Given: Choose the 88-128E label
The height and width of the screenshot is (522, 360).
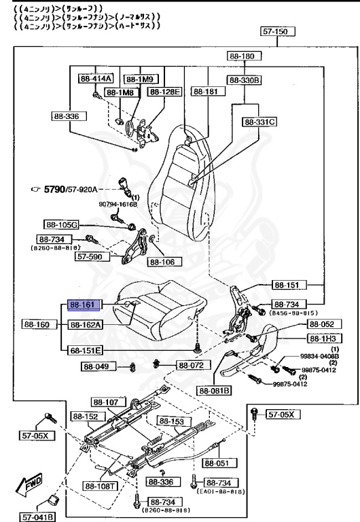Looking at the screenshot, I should pyautogui.click(x=165, y=91).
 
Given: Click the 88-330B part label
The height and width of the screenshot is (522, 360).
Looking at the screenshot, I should pyautogui.click(x=245, y=80).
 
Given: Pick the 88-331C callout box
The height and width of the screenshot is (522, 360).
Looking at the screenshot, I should pyautogui.click(x=259, y=122).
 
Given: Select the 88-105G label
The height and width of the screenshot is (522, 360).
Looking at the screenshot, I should pyautogui.click(x=62, y=224).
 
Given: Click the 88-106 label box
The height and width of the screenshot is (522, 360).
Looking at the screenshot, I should pyautogui.click(x=164, y=261).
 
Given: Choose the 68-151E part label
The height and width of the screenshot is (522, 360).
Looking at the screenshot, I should pyautogui.click(x=84, y=350).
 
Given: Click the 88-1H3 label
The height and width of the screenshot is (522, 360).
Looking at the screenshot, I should pyautogui.click(x=325, y=338).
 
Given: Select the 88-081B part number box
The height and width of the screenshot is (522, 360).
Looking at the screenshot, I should pyautogui.click(x=215, y=390).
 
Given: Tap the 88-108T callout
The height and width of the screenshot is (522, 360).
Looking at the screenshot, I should pyautogui.click(x=101, y=486).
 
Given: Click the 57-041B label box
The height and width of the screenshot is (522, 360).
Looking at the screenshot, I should pyautogui.click(x=37, y=516).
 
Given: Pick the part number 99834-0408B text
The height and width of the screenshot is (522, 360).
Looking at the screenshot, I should pyautogui.click(x=320, y=355).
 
